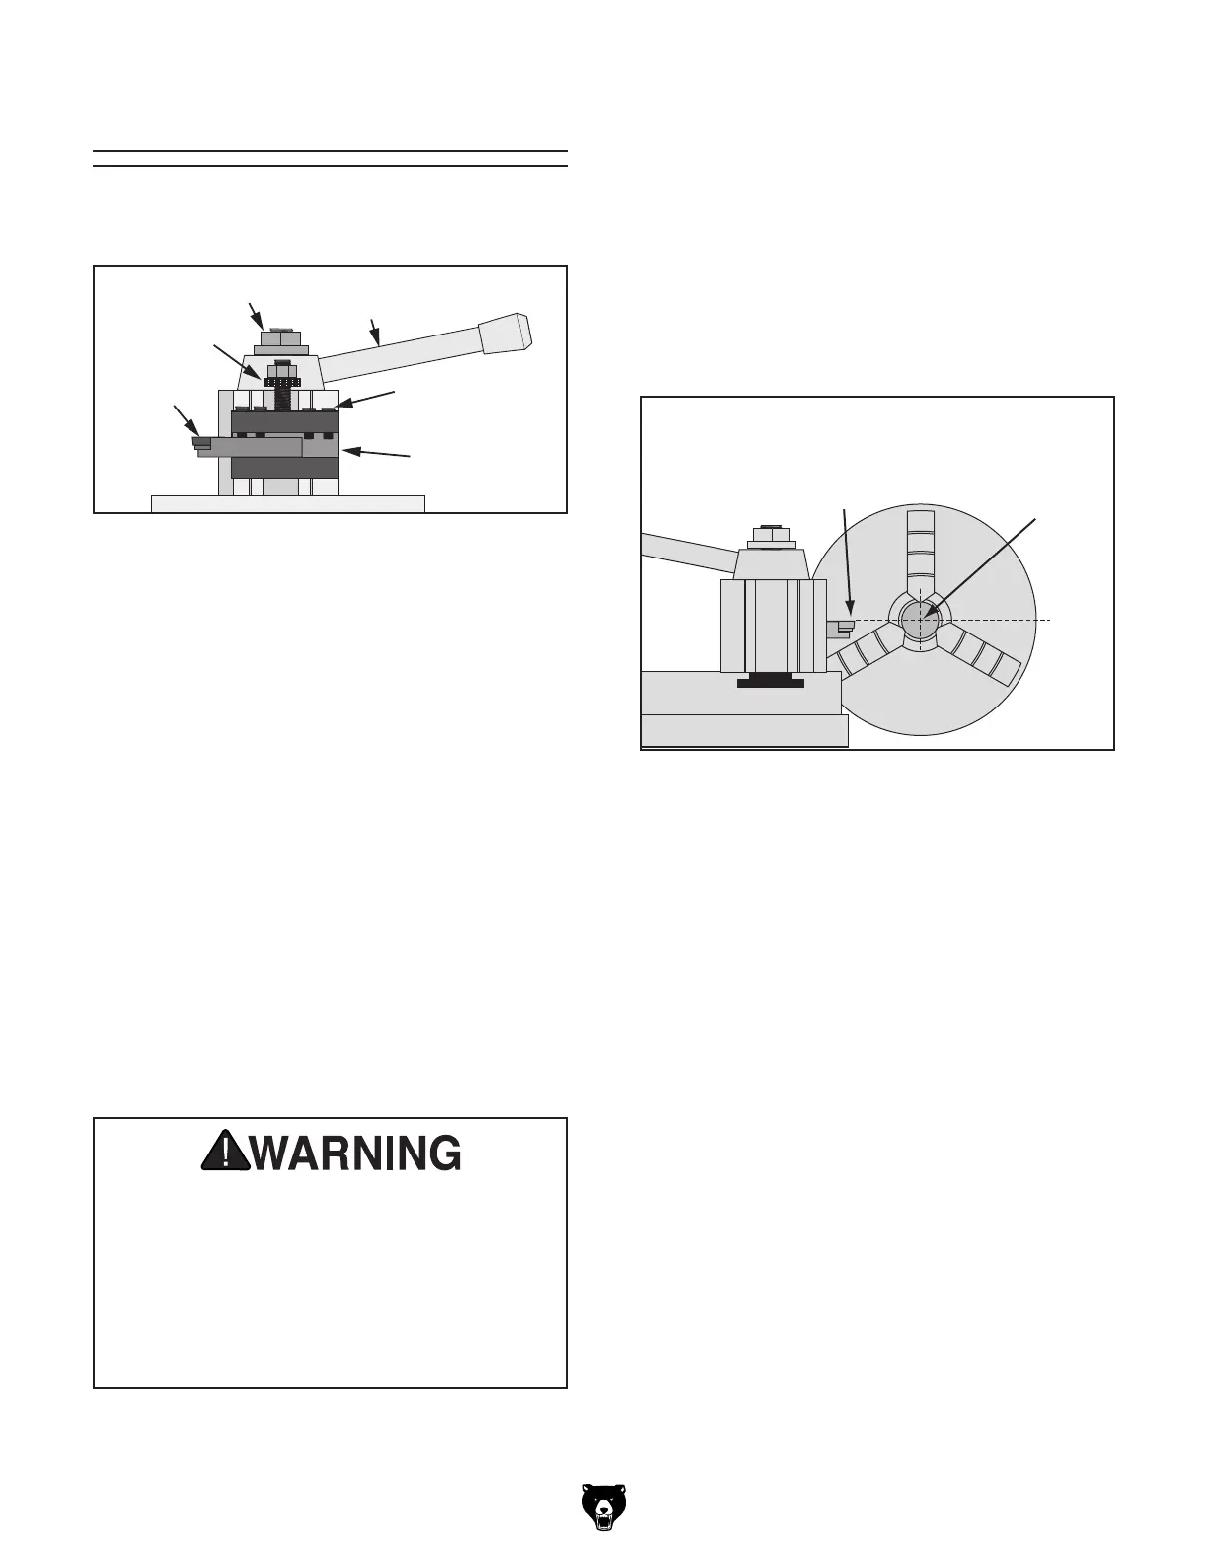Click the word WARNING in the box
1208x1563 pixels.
tap(356, 1153)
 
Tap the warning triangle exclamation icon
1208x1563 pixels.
tap(226, 1152)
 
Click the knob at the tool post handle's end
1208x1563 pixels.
tap(505, 335)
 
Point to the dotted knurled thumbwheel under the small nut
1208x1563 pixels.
tap(282, 382)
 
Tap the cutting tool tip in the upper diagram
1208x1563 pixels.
tap(202, 444)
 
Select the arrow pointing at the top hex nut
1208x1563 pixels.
tap(256, 315)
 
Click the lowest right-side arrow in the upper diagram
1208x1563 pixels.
tap(378, 453)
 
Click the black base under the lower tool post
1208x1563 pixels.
tap(771, 681)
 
